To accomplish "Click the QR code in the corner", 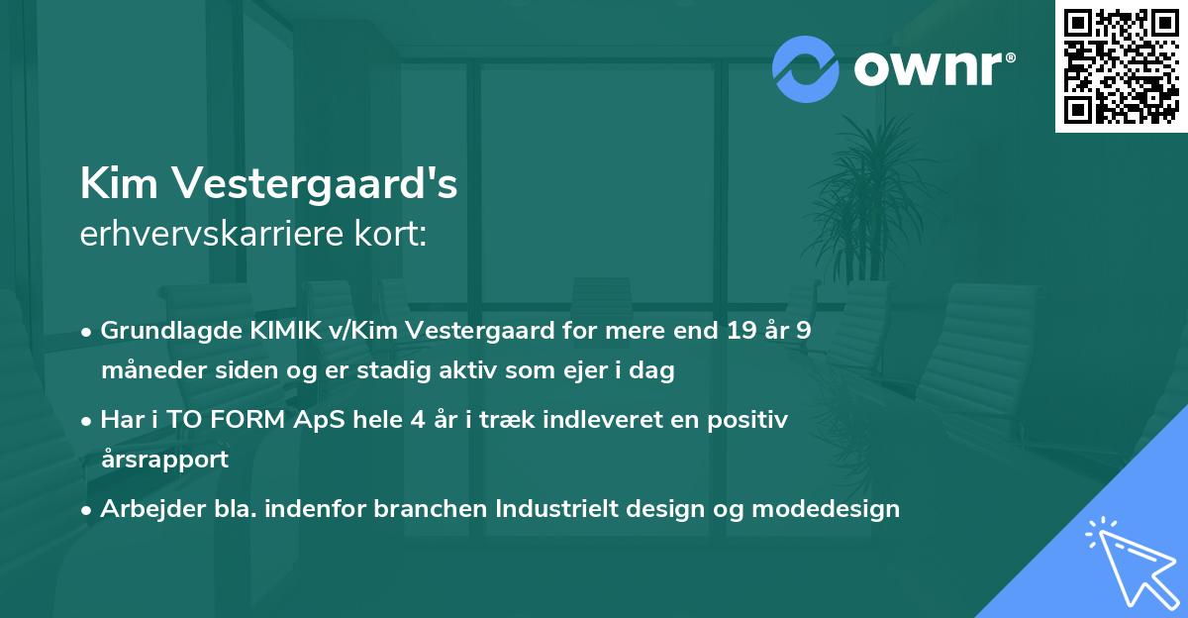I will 1122,66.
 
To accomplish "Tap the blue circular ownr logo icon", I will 806,68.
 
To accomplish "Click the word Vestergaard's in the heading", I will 315,184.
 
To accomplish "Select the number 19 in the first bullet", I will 738,331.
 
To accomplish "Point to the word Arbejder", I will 145,509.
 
